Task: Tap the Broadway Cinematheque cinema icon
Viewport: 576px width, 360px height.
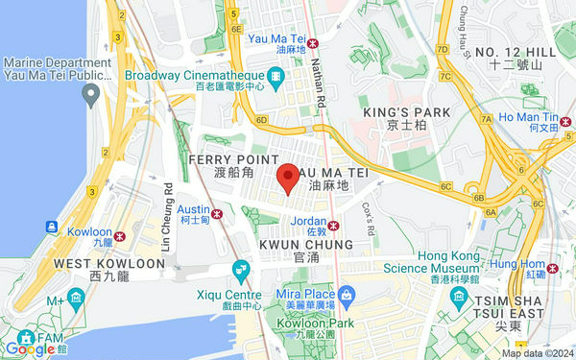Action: [x=276, y=75]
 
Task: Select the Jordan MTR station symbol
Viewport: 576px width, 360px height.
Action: [x=334, y=226]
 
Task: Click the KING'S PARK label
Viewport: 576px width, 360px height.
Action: [x=406, y=113]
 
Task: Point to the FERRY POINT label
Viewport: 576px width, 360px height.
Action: [x=233, y=158]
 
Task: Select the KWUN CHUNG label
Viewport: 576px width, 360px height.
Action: [x=306, y=245]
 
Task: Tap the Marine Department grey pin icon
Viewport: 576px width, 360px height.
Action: [x=91, y=94]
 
